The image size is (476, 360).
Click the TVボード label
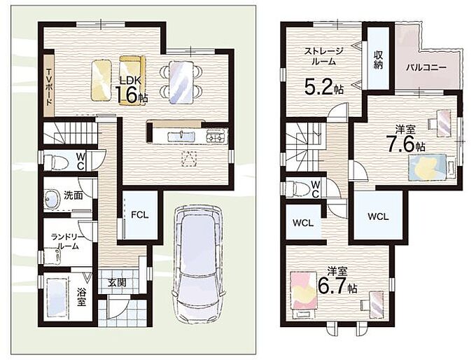(x=49, y=87)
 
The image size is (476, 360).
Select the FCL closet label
(x=139, y=215)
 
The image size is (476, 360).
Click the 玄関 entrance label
(x=117, y=283)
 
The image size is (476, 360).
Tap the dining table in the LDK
(x=181, y=82)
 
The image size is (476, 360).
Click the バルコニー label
(x=426, y=67)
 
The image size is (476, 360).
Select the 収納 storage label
(x=378, y=60)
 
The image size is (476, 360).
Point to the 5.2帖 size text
(x=324, y=87)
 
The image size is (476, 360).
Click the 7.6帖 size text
(x=405, y=143)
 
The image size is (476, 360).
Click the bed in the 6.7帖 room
(x=304, y=294)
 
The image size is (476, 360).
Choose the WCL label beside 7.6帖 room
(x=378, y=216)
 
